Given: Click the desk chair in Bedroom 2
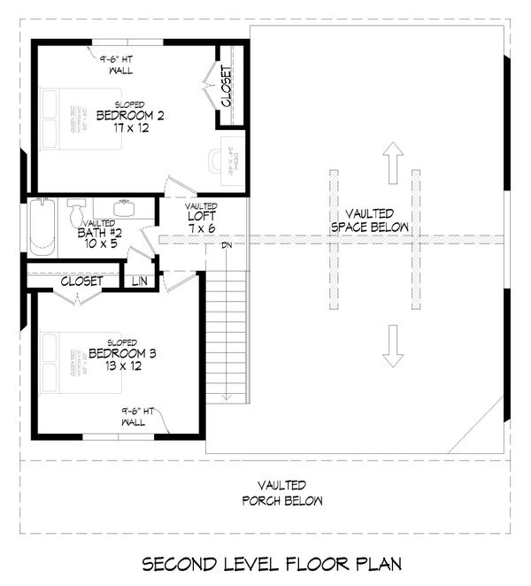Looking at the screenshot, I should click(x=217, y=160).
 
